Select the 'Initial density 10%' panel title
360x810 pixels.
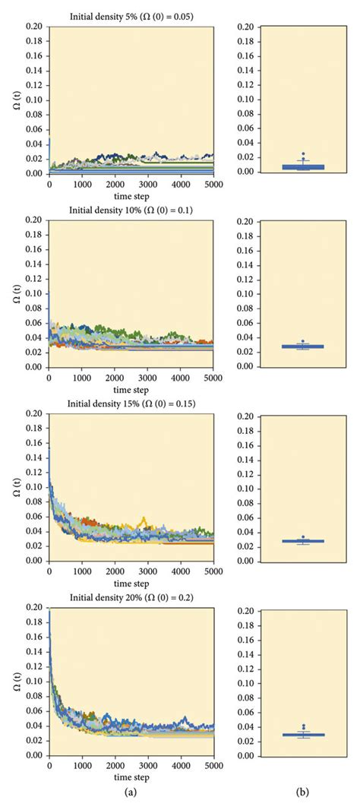(x=131, y=210)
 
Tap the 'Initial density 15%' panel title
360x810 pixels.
(x=131, y=404)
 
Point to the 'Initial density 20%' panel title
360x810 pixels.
(x=131, y=598)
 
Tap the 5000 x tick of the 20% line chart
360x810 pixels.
(x=213, y=766)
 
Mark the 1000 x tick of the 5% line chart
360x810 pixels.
(x=82, y=184)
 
